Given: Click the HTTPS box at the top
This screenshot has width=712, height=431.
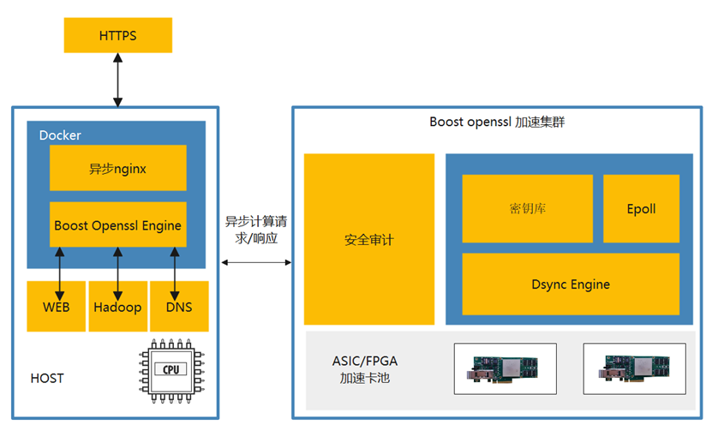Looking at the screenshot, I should coord(118,36).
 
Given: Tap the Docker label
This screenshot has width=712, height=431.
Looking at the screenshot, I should coord(60,135).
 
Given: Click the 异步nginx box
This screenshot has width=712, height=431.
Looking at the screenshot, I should coord(118,168).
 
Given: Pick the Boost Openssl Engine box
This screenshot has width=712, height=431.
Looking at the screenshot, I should coord(118,225).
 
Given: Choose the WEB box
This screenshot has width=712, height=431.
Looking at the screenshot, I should coord(57,307).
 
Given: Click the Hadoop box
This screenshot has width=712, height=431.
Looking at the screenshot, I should coord(118,307).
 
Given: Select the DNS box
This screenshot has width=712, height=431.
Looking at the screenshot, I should coord(179,307).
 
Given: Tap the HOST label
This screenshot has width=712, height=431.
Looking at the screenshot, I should coord(47,378).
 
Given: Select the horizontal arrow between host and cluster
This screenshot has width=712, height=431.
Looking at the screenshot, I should coord(256,262).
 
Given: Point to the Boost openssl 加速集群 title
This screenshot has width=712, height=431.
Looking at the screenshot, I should coord(497,123).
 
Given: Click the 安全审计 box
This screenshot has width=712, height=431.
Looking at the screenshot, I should coord(369,240).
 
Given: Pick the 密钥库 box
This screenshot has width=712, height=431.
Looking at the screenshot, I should coord(527,209).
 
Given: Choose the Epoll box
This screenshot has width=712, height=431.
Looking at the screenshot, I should coord(641,209).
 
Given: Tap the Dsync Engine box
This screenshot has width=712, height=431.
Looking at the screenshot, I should coord(571,284).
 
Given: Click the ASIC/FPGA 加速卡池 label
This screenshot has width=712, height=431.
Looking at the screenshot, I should coord(365,368).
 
